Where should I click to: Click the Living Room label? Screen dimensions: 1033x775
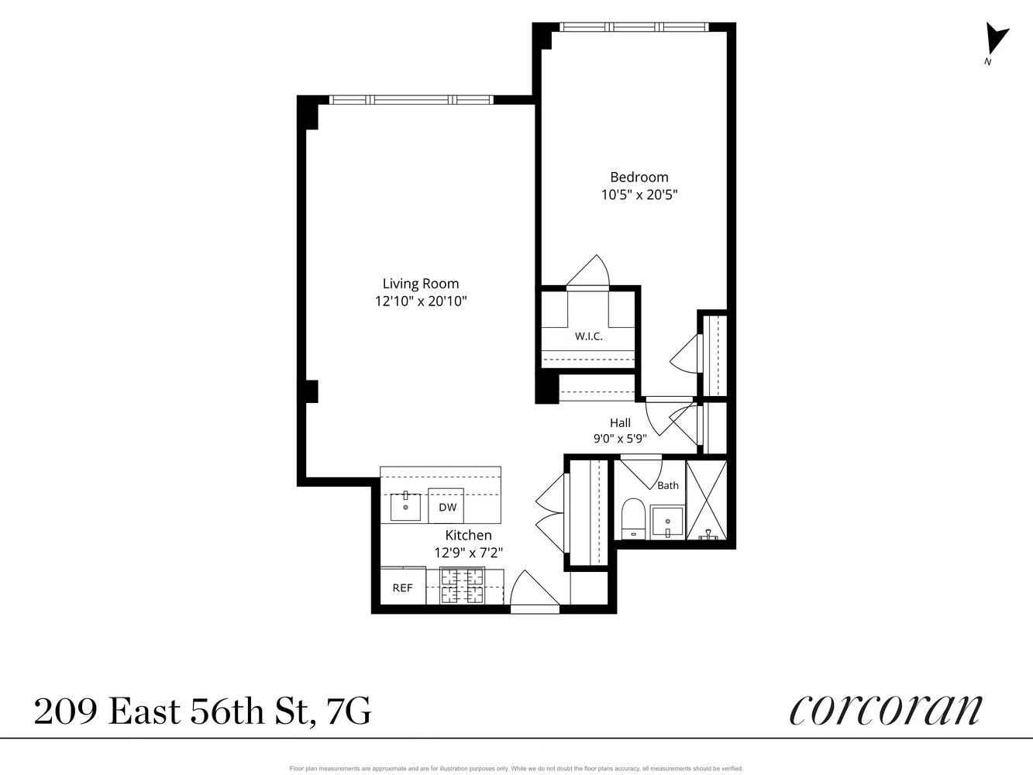420,284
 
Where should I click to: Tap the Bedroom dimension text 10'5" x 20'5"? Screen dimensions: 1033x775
639,195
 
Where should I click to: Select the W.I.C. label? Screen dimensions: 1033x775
589,336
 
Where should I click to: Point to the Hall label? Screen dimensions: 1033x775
620,422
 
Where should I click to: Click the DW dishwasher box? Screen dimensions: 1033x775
446,506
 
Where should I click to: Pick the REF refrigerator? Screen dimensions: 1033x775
403,586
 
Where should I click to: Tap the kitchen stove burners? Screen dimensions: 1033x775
462,586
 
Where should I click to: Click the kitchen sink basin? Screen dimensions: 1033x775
405,506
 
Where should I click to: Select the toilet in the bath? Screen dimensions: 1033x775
633,518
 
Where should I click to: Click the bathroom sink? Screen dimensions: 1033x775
667,522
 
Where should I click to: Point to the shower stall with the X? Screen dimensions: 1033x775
707,500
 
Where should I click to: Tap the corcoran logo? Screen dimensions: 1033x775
886,711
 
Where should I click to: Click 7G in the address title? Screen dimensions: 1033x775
348,711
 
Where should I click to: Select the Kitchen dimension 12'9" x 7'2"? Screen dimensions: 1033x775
468,553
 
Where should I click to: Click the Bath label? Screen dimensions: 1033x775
668,485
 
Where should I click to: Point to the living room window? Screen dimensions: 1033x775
411,100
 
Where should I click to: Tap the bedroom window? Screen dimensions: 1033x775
634,27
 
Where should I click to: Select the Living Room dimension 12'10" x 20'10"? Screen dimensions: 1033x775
420,301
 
